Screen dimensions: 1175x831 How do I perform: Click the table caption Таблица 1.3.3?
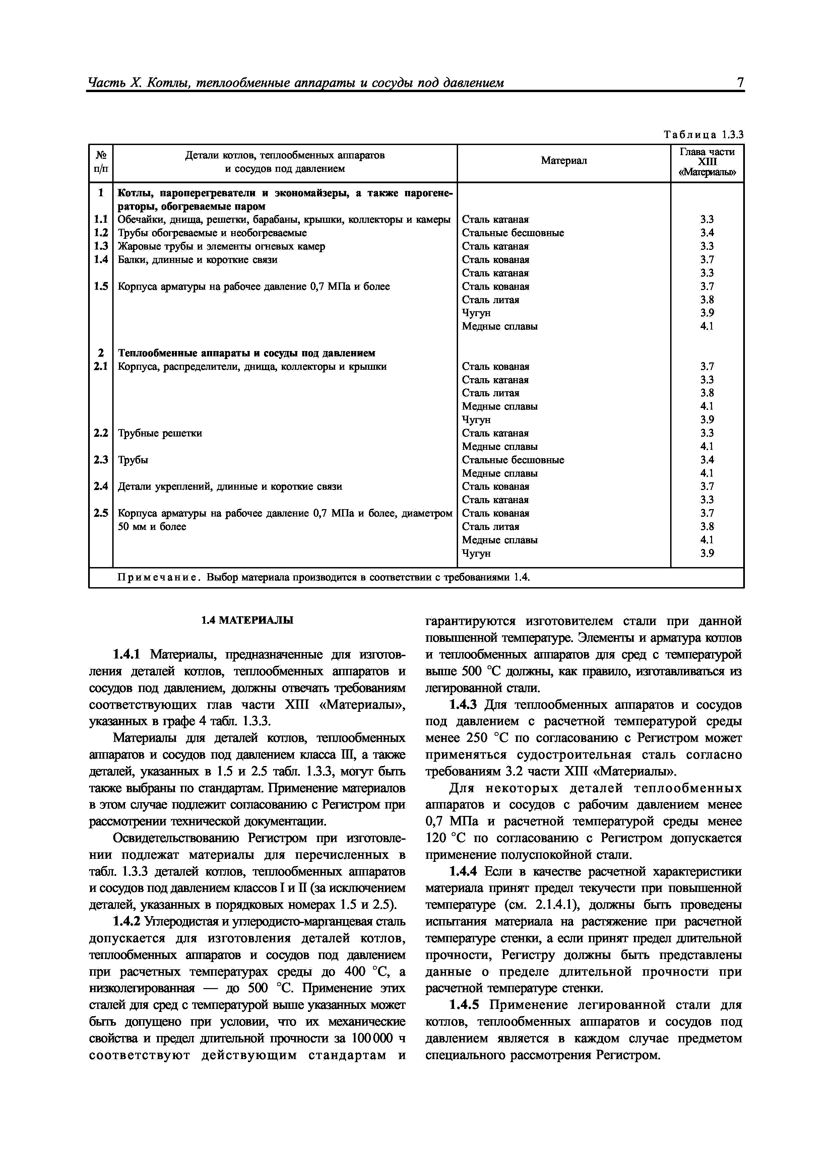[x=703, y=135]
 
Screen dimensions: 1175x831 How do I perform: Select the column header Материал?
[x=563, y=161]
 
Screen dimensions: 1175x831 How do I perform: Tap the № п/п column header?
[x=101, y=161]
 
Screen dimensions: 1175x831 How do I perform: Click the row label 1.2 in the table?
[x=101, y=233]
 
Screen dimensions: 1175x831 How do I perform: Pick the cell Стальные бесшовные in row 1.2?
[x=513, y=233]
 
